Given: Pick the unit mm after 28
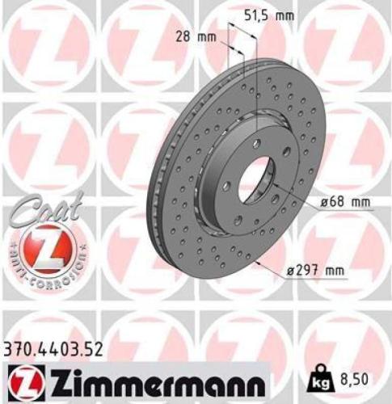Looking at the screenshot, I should point(209,36).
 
